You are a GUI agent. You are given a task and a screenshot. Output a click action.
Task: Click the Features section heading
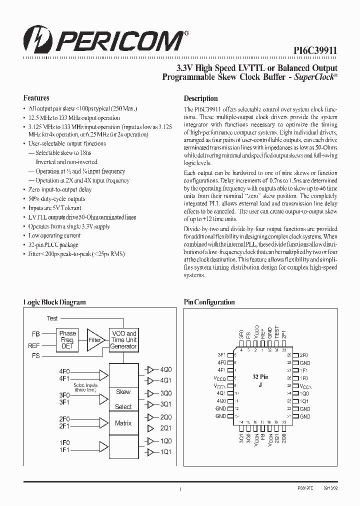point(36,98)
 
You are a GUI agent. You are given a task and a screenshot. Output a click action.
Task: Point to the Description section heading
point(200,98)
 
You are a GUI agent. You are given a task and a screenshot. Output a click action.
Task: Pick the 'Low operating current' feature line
point(54,235)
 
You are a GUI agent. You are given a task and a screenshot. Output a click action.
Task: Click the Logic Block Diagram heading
point(54,302)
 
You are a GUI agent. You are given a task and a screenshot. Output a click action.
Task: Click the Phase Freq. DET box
point(67,339)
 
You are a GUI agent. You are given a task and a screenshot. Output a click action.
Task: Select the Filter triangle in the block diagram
point(94,339)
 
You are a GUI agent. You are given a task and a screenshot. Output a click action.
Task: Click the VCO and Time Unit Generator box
point(123,339)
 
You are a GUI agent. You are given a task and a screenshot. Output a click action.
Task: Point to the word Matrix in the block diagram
point(123,423)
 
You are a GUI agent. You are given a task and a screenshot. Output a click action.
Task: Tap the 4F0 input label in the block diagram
point(65,371)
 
